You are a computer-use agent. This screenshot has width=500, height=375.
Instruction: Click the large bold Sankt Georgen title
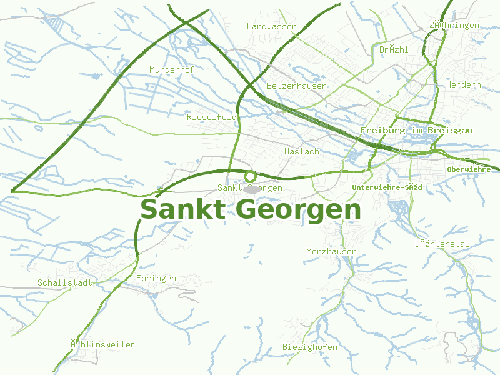tap(251, 210)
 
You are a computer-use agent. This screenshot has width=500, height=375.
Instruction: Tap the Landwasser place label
tap(271, 27)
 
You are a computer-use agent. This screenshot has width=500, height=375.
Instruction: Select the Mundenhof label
tap(172, 70)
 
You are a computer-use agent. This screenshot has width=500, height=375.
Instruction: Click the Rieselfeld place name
tap(212, 117)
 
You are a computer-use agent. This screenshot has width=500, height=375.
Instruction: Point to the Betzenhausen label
tap(296, 86)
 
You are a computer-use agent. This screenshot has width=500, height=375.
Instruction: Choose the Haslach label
tap(301, 152)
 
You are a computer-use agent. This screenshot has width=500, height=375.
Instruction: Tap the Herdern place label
tap(464, 85)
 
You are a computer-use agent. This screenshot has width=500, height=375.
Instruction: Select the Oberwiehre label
tap(469, 169)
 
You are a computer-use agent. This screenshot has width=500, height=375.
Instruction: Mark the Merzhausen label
tap(331, 252)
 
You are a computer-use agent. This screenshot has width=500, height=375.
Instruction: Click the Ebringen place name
tap(156, 279)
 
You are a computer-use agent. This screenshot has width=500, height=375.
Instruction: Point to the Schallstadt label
tap(65, 283)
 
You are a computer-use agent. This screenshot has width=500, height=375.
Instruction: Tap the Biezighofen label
tap(310, 347)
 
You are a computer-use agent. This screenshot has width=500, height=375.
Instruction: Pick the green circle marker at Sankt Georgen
tap(251, 176)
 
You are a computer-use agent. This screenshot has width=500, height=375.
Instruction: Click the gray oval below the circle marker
tap(252, 189)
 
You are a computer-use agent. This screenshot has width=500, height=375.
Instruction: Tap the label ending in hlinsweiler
tap(102, 345)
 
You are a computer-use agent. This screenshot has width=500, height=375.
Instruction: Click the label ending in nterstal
tap(442, 244)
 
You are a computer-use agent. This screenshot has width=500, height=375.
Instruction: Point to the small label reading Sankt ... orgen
tap(250, 188)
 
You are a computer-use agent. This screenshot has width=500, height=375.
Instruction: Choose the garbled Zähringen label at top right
tap(454, 26)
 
